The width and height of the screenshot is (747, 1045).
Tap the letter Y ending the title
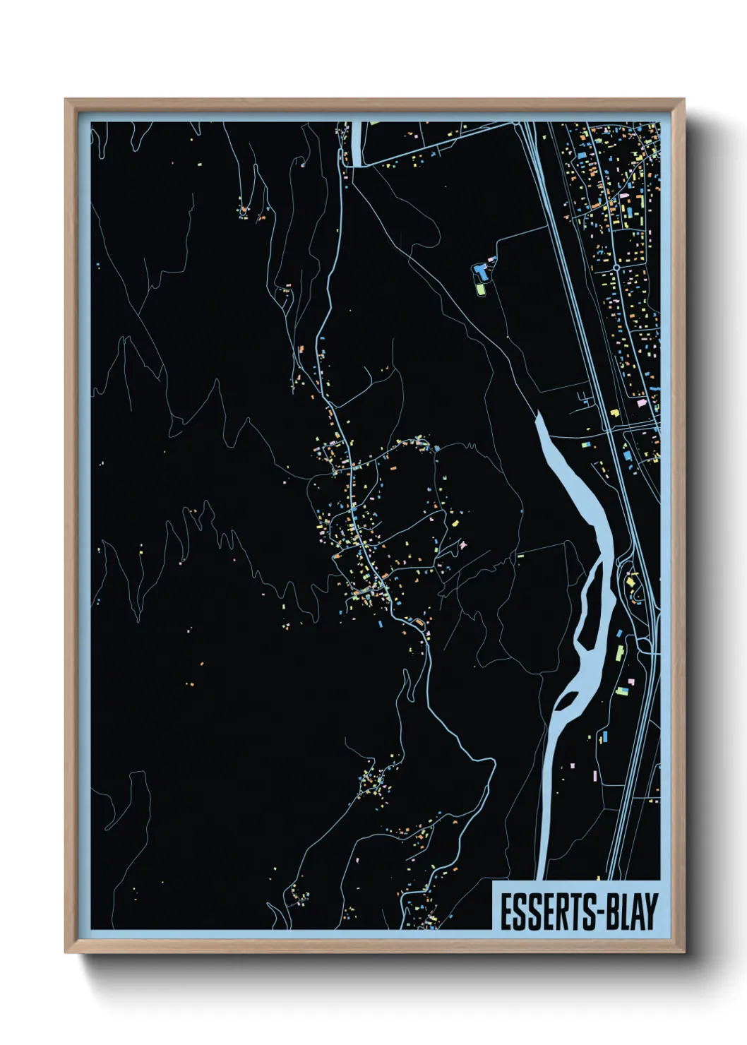[x=650, y=912]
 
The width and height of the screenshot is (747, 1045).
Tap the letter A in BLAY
[x=638, y=912]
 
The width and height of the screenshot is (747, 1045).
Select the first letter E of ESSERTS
[x=507, y=912]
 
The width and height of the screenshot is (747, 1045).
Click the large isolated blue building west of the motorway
[x=482, y=270]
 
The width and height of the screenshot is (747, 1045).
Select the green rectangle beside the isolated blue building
[x=480, y=289]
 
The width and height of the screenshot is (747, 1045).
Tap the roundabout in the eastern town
[x=616, y=268]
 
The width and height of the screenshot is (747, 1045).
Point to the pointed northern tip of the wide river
[x=538, y=414]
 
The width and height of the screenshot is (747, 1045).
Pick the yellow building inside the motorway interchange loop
[x=630, y=581]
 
